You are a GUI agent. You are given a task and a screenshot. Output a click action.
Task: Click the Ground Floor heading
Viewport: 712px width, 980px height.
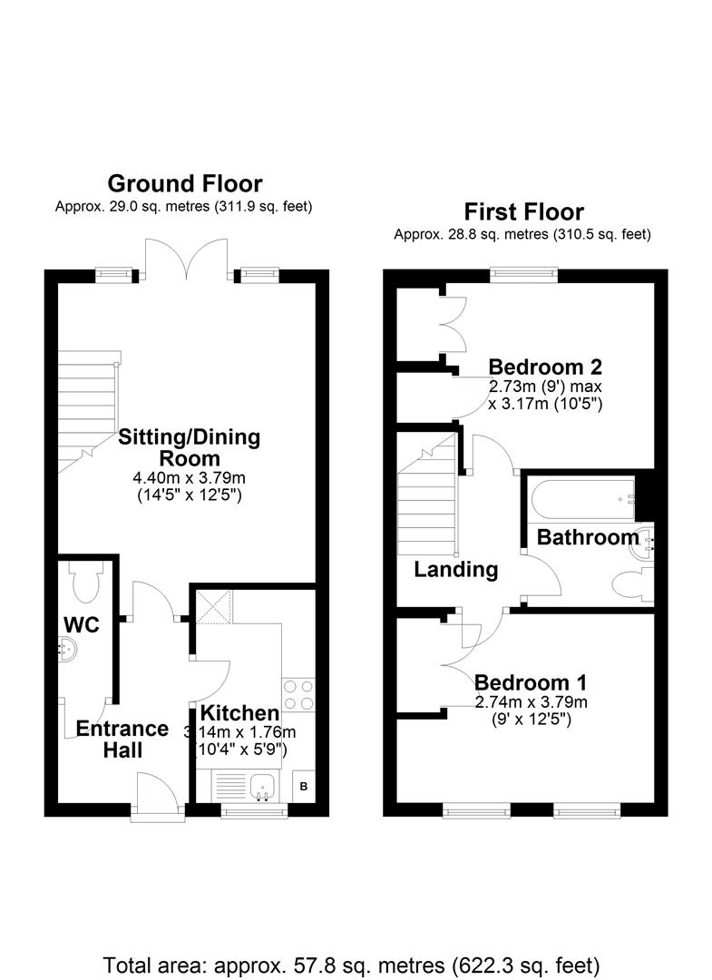(x=185, y=183)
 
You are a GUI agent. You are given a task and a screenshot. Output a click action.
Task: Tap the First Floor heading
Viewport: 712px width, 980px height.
(x=523, y=212)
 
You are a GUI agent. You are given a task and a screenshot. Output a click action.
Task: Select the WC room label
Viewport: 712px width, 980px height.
(x=82, y=624)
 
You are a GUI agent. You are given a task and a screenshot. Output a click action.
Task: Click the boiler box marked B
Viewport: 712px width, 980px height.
(x=304, y=786)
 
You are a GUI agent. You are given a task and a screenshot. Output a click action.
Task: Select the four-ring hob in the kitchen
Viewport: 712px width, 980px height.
(x=297, y=694)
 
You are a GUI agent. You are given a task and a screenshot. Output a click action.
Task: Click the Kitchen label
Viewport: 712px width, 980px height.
(x=239, y=713)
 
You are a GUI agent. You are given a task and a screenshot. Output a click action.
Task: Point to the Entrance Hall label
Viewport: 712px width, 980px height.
(x=122, y=740)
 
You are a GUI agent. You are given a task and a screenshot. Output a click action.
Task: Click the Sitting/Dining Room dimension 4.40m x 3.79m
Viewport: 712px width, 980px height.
(x=190, y=479)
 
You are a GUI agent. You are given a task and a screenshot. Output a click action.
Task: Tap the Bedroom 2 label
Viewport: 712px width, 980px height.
(x=545, y=367)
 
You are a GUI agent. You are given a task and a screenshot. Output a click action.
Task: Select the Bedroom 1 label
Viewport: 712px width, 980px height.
(x=531, y=681)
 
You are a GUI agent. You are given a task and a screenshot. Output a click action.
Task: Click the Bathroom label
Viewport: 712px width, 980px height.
(x=588, y=537)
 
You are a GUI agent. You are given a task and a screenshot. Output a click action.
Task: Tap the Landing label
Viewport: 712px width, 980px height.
(x=456, y=569)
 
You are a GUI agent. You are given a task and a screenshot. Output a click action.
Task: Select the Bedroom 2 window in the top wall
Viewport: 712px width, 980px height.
(x=523, y=272)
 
